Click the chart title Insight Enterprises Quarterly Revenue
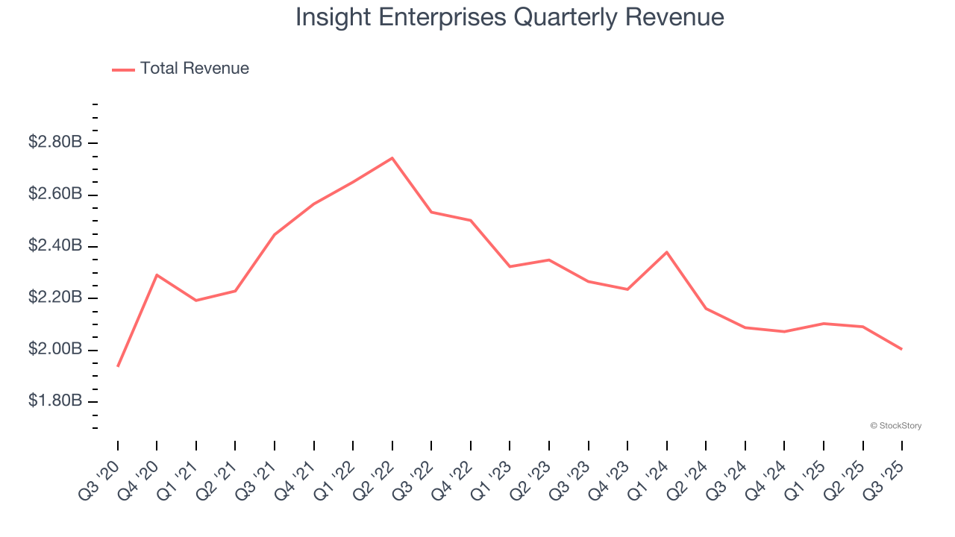[x=510, y=17]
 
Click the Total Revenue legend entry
[x=181, y=69]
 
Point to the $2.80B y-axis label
[x=55, y=142]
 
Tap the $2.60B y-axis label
[x=55, y=194]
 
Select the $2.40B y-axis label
[x=55, y=245]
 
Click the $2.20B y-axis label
[x=55, y=298]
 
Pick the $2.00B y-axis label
[x=55, y=349]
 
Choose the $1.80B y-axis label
[x=55, y=401]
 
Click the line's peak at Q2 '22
[x=392, y=158]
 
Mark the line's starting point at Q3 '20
[x=118, y=366]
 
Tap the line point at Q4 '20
[x=157, y=275]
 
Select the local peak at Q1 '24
[x=666, y=252]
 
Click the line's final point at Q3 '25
[x=901, y=349]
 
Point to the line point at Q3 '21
[x=275, y=235]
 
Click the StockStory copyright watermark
[x=895, y=426]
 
